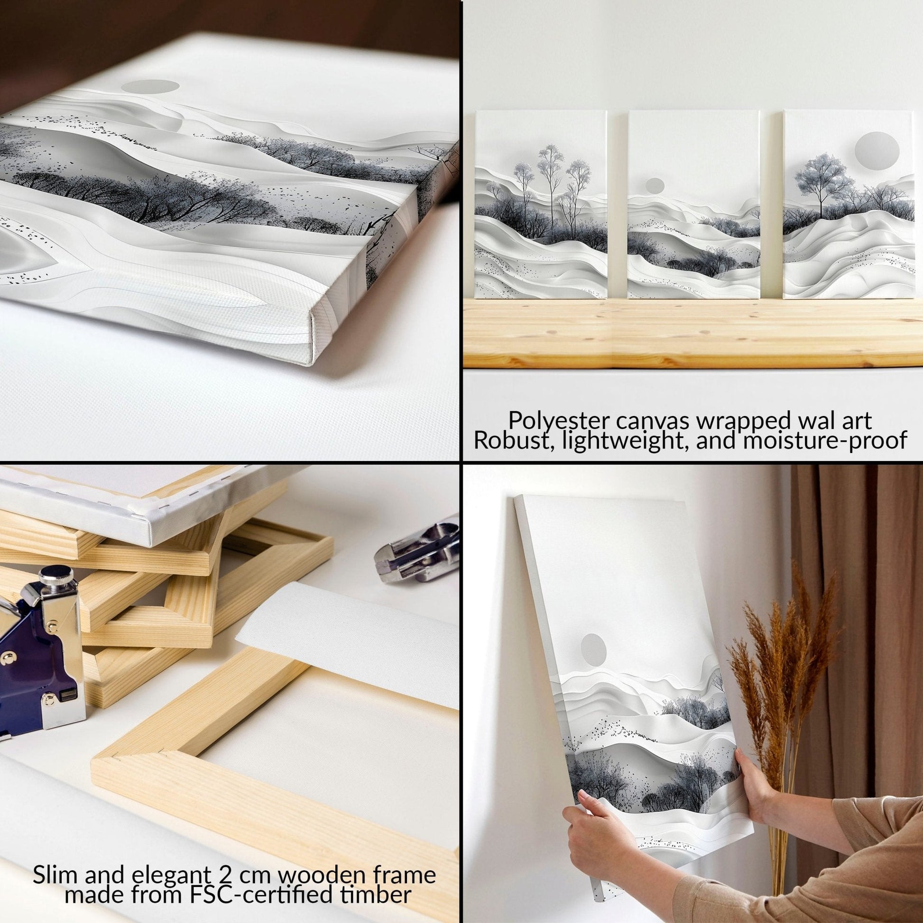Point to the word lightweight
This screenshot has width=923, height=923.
[x=634, y=441]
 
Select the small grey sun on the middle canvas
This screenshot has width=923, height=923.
[x=655, y=185]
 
